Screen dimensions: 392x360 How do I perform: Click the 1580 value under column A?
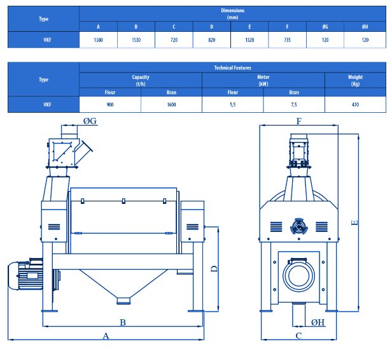click(98, 40)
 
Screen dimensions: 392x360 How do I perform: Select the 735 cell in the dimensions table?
click(287, 40)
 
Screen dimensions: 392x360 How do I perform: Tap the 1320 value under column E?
click(249, 40)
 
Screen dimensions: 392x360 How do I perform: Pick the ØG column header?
click(325, 27)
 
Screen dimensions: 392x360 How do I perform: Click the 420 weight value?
click(355, 104)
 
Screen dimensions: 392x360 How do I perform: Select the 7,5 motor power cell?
click(294, 104)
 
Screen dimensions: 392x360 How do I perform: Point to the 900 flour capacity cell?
click(110, 104)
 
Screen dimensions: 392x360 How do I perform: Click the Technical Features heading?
click(232, 68)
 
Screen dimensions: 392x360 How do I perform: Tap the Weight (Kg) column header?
click(355, 80)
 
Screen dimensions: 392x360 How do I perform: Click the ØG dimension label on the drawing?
click(90, 121)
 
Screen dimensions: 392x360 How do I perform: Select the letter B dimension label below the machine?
click(123, 322)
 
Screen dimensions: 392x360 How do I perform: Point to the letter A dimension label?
click(106, 336)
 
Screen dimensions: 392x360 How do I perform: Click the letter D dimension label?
click(214, 269)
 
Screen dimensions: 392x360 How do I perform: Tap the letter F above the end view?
click(298, 122)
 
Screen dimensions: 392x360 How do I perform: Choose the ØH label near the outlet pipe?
click(318, 322)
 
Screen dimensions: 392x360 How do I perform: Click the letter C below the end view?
click(298, 336)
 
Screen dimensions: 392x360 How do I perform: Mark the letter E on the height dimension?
click(354, 222)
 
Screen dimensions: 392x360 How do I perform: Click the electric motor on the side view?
click(25, 275)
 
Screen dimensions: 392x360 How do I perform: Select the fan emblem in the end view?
click(298, 227)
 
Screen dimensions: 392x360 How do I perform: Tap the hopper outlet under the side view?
click(123, 300)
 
